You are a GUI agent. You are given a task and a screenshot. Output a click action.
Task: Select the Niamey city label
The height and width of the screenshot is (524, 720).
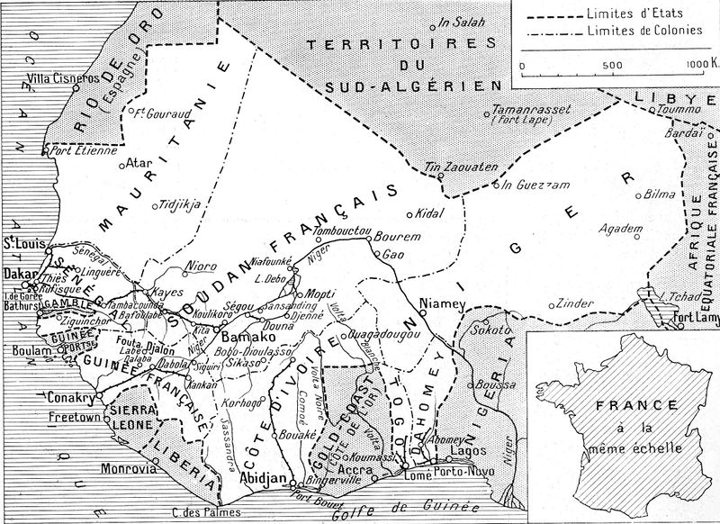[441, 304]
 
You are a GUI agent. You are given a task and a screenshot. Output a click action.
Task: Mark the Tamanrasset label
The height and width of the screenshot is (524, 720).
[519, 111]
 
